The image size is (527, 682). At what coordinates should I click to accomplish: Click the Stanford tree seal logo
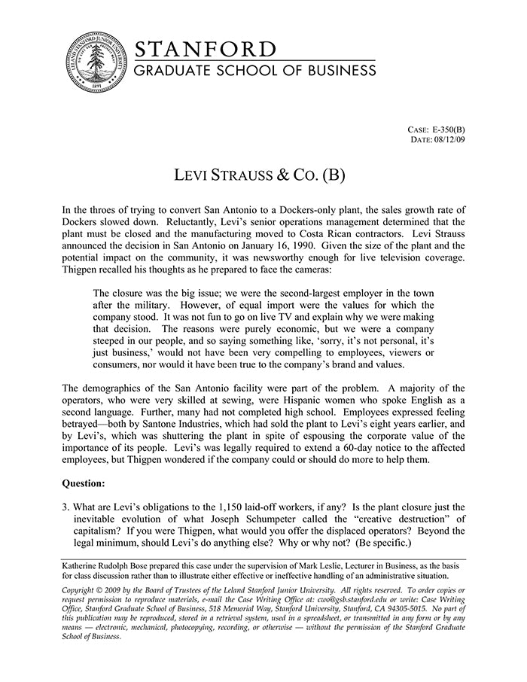click(x=95, y=63)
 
